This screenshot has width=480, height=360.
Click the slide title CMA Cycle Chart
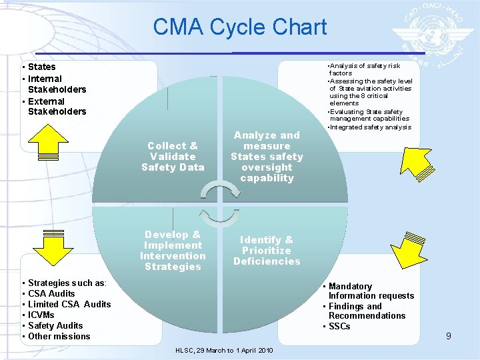pos(239,27)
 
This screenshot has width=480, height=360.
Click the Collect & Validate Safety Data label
pos(173,156)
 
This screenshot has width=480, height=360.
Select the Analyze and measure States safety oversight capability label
pos(267,156)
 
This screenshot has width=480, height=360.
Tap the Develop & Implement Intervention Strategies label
pos(173,251)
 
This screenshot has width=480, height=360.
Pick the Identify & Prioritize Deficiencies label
pos(267,250)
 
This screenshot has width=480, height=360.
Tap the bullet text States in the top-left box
pos(42,67)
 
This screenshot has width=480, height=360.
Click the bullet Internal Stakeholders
pos(57,84)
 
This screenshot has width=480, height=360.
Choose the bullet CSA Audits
pos(51,293)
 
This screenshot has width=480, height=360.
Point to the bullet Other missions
pos(59,336)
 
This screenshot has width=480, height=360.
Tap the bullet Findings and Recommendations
pos(366,311)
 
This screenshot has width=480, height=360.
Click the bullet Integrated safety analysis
pos(371,127)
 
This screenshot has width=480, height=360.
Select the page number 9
pos(449,336)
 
